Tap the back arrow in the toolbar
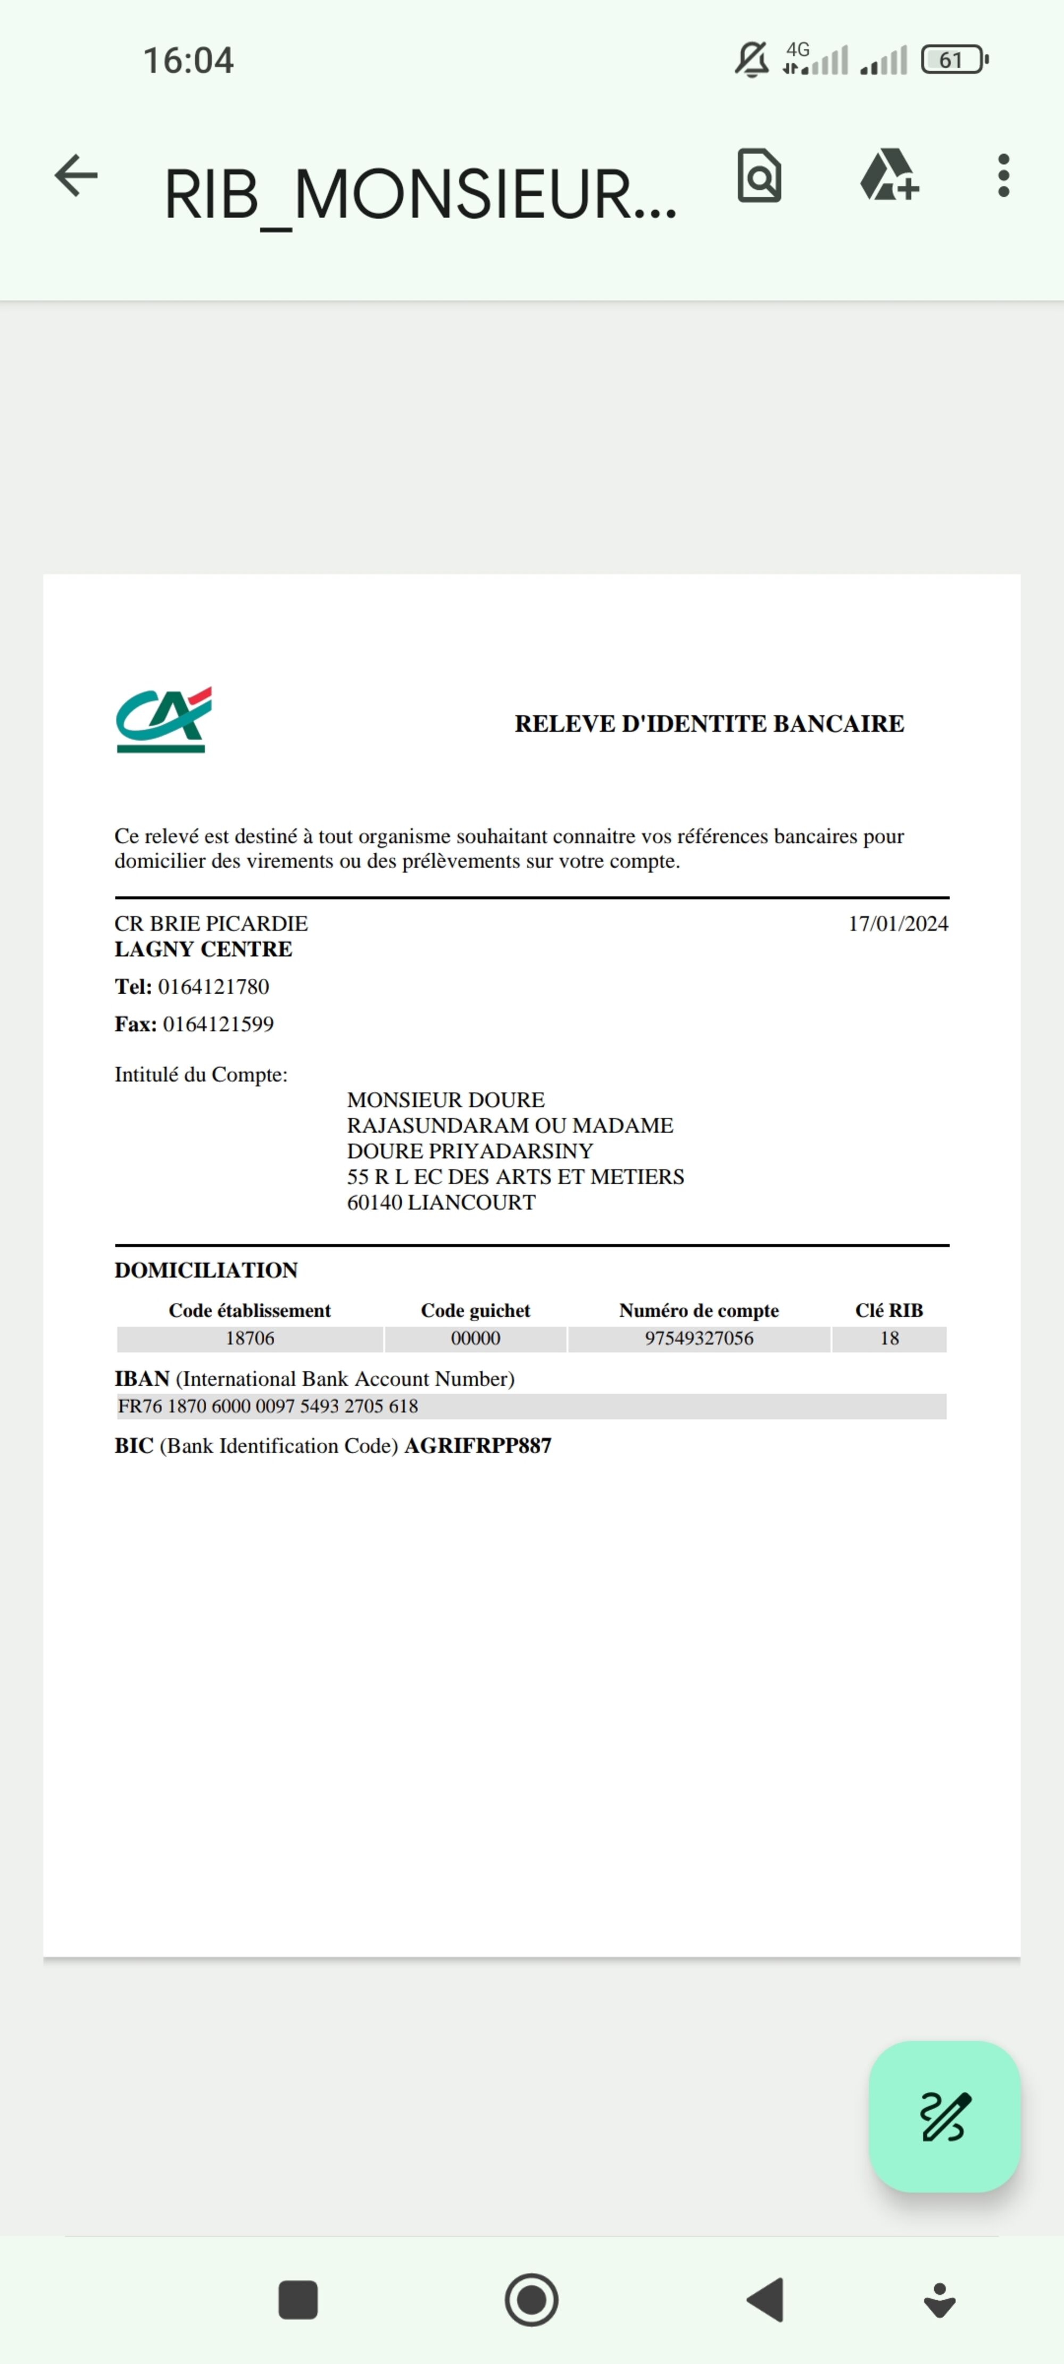pos(76,176)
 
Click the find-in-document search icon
pos(759,176)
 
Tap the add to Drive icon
pos(888,176)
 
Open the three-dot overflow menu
pos(1003,176)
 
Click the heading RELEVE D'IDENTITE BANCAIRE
pos(709,724)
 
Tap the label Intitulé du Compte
pos(200,1075)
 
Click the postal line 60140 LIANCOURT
pos(440,1202)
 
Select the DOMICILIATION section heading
pos(206,1270)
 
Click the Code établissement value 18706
pos(250,1339)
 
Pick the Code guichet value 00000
pos(476,1339)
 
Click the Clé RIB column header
pos(888,1311)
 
